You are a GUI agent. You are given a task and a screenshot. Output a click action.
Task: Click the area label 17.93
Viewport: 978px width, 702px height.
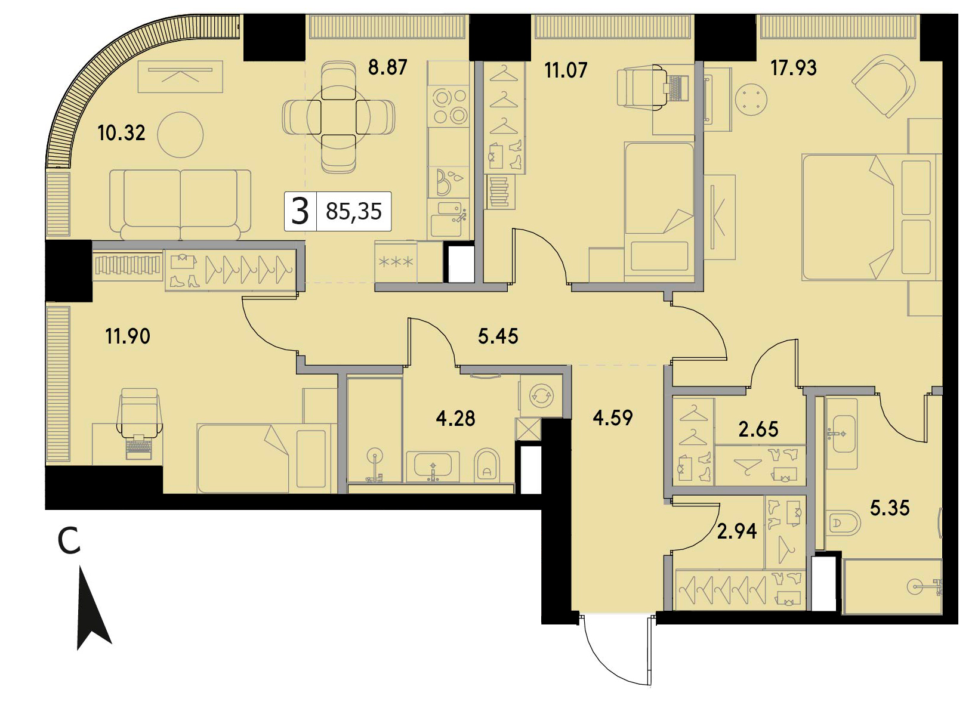tap(793, 68)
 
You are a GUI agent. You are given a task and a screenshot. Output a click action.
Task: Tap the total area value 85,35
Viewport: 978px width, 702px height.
tap(354, 212)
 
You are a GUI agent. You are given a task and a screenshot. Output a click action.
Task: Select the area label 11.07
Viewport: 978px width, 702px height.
tap(566, 70)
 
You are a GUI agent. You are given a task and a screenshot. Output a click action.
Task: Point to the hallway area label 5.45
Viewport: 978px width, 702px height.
tap(498, 336)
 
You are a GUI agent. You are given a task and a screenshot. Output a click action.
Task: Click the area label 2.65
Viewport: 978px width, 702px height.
tap(758, 429)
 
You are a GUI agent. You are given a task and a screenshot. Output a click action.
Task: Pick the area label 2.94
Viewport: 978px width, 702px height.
tap(737, 531)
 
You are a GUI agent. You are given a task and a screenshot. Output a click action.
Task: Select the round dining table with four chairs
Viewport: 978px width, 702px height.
tap(339, 117)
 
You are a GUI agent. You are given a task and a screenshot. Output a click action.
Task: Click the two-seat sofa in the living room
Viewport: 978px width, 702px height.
tap(180, 205)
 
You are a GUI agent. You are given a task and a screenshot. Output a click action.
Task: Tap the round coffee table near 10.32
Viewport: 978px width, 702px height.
tap(180, 134)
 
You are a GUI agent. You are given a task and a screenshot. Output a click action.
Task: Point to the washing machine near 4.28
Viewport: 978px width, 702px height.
tap(541, 395)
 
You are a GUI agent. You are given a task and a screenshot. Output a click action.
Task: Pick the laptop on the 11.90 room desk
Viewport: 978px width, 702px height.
tap(139, 446)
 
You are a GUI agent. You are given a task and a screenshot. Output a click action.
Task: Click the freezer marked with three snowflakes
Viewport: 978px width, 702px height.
tap(396, 262)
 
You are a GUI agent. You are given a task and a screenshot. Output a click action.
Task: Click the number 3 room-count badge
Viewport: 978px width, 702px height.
tap(300, 211)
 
